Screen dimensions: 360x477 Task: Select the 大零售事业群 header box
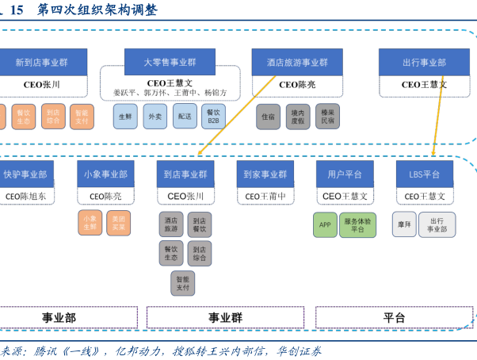click(170, 62)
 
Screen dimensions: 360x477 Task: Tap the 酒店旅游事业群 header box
click(296, 62)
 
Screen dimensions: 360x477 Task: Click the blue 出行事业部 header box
click(424, 62)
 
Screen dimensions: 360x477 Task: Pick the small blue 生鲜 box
click(125, 117)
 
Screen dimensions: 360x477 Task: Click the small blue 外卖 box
click(155, 117)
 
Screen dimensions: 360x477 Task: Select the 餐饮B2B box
click(213, 117)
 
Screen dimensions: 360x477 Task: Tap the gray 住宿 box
click(269, 117)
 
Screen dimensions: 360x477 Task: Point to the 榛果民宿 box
click(327, 117)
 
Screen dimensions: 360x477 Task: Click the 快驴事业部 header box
click(25, 174)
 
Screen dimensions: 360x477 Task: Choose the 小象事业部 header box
click(105, 174)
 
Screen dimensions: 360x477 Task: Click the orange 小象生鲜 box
click(90, 223)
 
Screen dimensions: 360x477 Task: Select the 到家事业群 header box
click(265, 174)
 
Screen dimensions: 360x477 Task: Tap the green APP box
click(325, 224)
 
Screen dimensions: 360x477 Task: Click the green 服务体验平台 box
click(357, 224)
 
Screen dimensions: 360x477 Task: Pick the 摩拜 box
click(405, 224)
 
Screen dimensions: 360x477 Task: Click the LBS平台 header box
click(424, 174)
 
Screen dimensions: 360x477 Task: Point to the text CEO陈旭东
click(25, 196)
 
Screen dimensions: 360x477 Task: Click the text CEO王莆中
click(265, 196)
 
